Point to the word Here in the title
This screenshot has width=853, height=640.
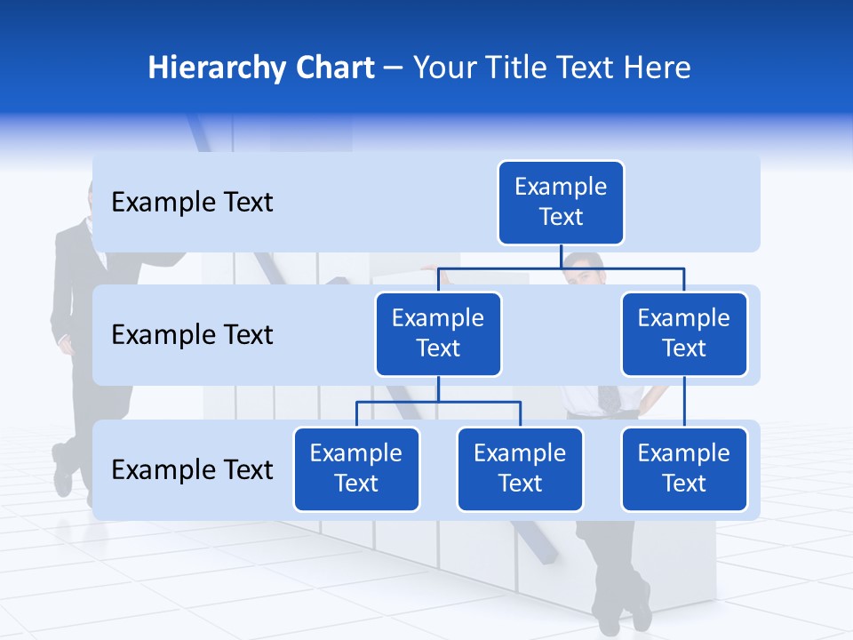(657, 68)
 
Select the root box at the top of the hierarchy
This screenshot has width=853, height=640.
(561, 202)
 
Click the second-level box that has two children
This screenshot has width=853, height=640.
(438, 333)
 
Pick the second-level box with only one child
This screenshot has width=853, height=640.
(684, 333)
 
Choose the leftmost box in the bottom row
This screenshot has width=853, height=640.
(356, 468)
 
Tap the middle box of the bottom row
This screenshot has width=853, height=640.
(520, 468)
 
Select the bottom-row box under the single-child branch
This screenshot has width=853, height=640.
(684, 468)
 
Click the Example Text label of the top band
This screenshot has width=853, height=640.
(192, 203)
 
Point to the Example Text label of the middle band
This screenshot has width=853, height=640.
(192, 335)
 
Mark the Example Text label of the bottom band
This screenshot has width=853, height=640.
(192, 469)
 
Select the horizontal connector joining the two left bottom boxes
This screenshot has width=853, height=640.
(438, 402)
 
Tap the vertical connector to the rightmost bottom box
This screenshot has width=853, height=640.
(684, 402)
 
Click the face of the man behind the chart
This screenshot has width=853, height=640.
(584, 275)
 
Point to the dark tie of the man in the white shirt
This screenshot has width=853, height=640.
(610, 396)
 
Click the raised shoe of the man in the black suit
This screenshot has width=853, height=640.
(62, 472)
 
